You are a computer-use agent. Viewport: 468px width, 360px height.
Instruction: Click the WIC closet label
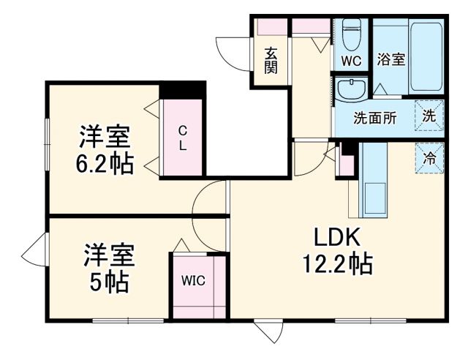pyautogui.click(x=193, y=280)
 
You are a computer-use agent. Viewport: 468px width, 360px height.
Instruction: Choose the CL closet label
pyautogui.click(x=182, y=138)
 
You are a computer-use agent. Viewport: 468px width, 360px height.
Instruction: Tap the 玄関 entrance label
pyautogui.click(x=271, y=59)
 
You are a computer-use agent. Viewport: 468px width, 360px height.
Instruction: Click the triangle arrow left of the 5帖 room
pyautogui.click(x=34, y=254)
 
